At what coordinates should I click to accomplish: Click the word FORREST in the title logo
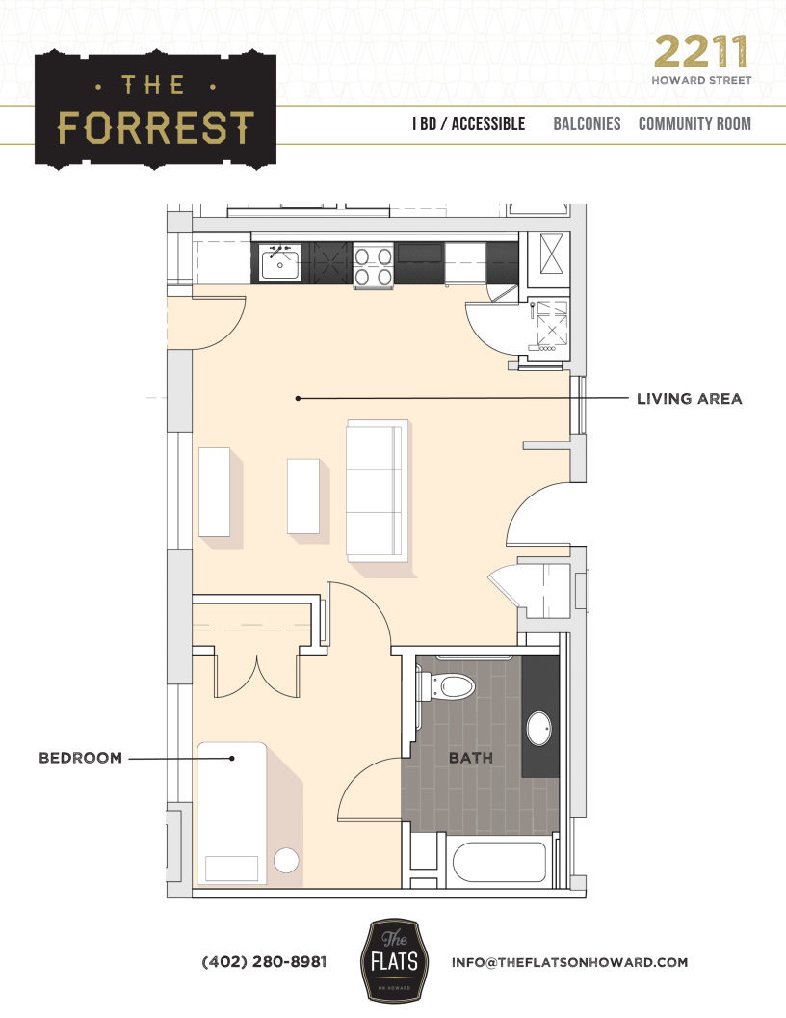156,126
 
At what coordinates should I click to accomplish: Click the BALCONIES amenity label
587,124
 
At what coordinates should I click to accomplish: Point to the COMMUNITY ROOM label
694,124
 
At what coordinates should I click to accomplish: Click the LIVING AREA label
689,398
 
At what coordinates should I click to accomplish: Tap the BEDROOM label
80,758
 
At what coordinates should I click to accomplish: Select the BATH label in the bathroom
470,758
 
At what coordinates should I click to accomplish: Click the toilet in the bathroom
449,686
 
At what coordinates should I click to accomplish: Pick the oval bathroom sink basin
539,729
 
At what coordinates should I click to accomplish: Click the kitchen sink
279,261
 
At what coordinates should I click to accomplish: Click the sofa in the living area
377,490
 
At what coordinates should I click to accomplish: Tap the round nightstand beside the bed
286,861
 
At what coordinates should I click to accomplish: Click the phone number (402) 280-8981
264,962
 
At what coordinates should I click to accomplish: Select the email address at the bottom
569,962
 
